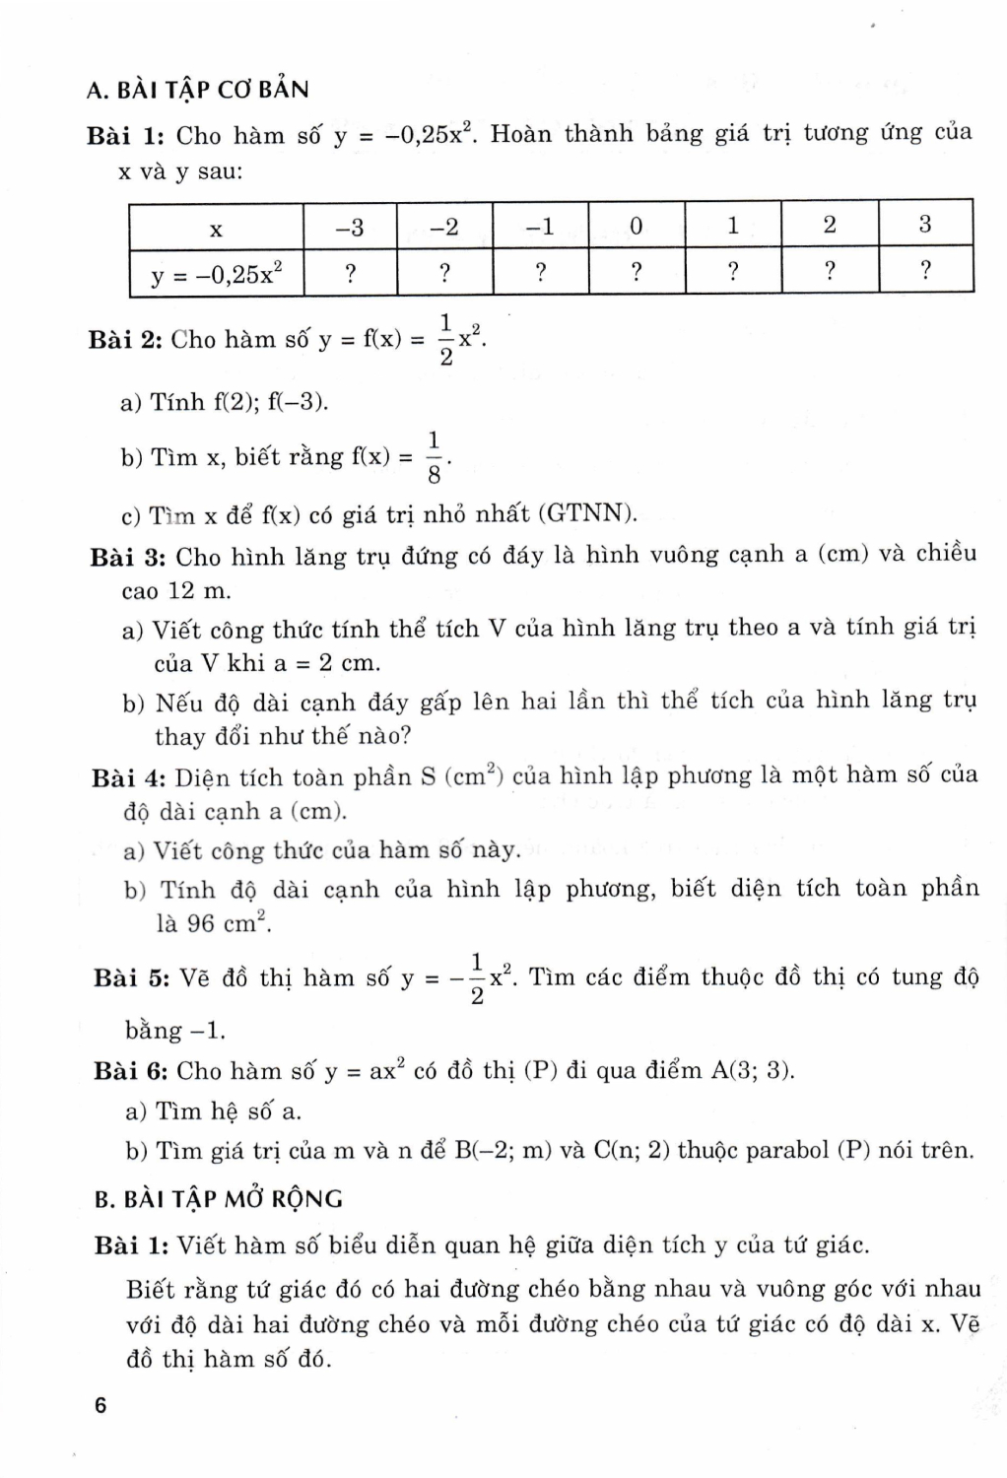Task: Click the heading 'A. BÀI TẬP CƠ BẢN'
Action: pos(197,90)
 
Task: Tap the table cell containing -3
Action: pos(350,227)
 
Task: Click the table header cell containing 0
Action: pos(636,227)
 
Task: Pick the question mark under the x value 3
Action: pos(925,272)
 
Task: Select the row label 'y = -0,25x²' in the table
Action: pos(216,274)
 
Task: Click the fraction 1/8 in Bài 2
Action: pos(436,457)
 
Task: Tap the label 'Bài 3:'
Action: pos(127,557)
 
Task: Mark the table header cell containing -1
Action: pos(540,227)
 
